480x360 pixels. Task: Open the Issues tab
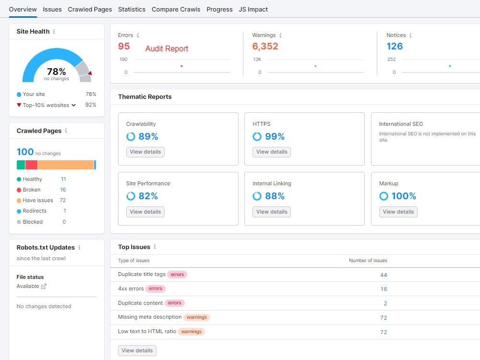tap(52, 10)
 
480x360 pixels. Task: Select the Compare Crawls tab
tap(176, 10)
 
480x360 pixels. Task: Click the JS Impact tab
tap(253, 10)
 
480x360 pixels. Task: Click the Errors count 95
tap(124, 46)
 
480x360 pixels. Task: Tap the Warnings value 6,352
tap(265, 46)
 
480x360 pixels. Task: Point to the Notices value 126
tap(395, 46)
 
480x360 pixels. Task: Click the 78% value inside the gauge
tap(56, 72)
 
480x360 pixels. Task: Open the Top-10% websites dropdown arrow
tap(73, 105)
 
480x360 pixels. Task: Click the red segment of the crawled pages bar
tap(31, 165)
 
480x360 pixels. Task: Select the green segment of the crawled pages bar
tap(21, 165)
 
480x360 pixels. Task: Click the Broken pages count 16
tap(63, 190)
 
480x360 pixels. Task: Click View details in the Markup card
tap(398, 212)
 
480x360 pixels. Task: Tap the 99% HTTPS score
tap(275, 136)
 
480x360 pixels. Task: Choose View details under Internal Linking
tap(272, 212)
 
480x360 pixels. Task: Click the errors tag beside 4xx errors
tap(156, 288)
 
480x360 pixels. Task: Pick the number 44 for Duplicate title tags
tap(384, 275)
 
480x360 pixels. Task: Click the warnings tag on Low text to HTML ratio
tap(192, 332)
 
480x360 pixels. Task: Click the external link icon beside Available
tap(44, 286)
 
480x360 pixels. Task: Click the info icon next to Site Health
tap(54, 32)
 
